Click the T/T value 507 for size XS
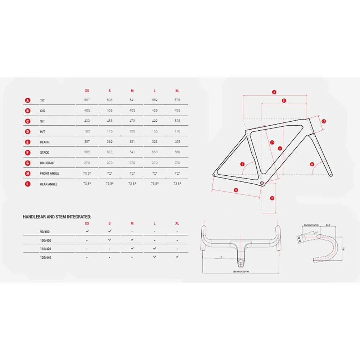(x=87, y=100)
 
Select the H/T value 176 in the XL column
(x=177, y=131)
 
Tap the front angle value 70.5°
(x=87, y=173)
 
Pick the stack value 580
(x=177, y=152)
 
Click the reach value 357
(x=87, y=142)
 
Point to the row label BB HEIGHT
(x=48, y=163)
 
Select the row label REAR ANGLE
(x=49, y=184)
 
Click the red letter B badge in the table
(x=28, y=111)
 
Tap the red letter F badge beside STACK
(x=28, y=152)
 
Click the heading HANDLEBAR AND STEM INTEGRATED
(x=57, y=217)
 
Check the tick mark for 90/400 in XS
(x=87, y=231)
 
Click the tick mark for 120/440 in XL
(x=177, y=257)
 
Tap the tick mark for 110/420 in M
(x=132, y=248)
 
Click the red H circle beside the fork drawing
(x=312, y=165)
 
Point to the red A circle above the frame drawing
(x=274, y=92)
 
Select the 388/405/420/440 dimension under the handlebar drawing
(x=241, y=271)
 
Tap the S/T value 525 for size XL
(x=177, y=121)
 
